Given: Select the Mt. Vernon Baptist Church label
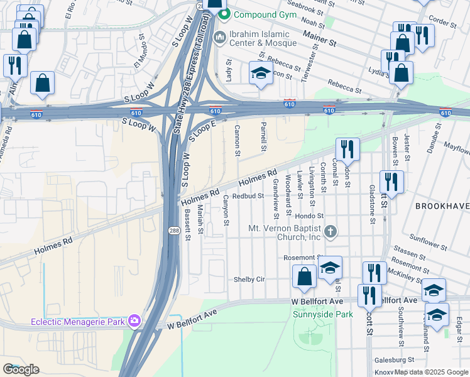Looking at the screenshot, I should [x=285, y=232].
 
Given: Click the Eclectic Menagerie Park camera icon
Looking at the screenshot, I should [x=134, y=322].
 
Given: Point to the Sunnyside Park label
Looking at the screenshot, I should [x=323, y=314].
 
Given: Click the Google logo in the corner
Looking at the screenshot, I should [x=21, y=369].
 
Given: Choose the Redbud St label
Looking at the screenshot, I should [x=247, y=195].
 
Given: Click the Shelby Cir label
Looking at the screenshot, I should [x=249, y=279].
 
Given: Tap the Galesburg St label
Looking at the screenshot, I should [x=394, y=360].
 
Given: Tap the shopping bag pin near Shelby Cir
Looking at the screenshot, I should [x=304, y=277].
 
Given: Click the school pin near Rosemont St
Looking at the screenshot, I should [x=330, y=268].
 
